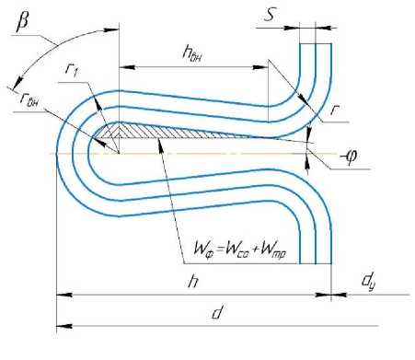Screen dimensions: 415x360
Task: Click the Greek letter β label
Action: point(23,22)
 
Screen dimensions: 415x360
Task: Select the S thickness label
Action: point(270,15)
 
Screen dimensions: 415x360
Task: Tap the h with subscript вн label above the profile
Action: point(192,52)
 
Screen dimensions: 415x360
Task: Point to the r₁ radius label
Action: point(72,70)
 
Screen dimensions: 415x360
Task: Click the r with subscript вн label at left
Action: point(29,99)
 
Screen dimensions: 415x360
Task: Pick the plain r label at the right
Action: point(334,110)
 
